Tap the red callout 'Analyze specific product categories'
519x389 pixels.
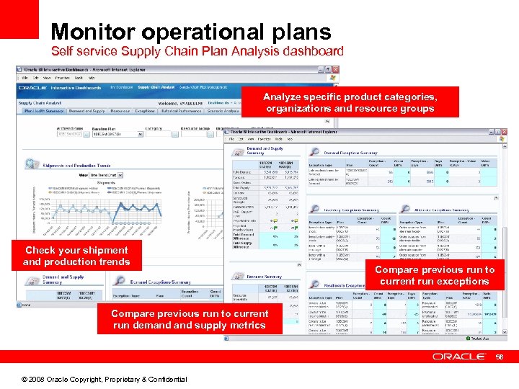point(350,102)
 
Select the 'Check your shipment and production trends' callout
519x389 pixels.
point(76,256)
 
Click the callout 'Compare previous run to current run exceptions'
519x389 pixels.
point(435,275)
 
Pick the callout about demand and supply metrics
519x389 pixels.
point(190,319)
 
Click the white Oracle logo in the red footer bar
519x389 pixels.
point(458,357)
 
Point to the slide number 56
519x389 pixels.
point(502,357)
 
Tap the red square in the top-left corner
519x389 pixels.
point(19,19)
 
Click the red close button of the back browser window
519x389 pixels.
point(334,71)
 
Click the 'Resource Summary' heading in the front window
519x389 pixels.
point(263,277)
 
